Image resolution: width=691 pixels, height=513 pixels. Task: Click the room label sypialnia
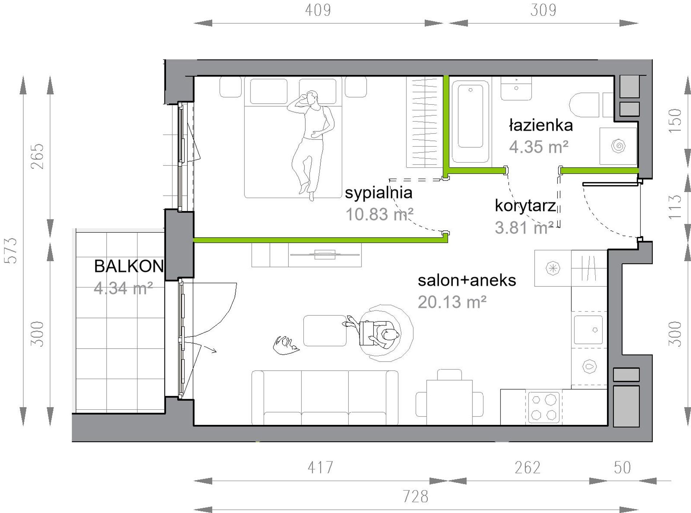tap(379, 193)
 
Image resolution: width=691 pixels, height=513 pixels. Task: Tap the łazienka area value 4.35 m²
tap(539, 147)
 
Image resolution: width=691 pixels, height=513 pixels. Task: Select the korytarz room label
tap(526, 206)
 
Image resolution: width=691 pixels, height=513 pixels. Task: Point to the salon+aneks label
tap(467, 280)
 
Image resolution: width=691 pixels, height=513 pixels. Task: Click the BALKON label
tap(129, 266)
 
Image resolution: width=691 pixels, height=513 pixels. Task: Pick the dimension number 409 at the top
tap(318, 10)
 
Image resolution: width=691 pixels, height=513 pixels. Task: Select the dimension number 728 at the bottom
tap(415, 497)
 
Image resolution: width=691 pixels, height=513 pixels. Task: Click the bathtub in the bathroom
tap(470, 121)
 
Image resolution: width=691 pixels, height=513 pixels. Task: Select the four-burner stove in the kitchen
tap(544, 407)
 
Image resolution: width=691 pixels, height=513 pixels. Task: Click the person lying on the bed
tap(310, 144)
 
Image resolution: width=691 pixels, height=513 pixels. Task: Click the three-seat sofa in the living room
tap(325, 398)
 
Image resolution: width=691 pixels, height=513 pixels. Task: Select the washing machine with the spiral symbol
tap(618, 146)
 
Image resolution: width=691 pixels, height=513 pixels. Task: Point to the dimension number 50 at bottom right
tap(622, 468)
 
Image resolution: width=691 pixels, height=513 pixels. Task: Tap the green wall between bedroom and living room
tap(320, 240)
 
